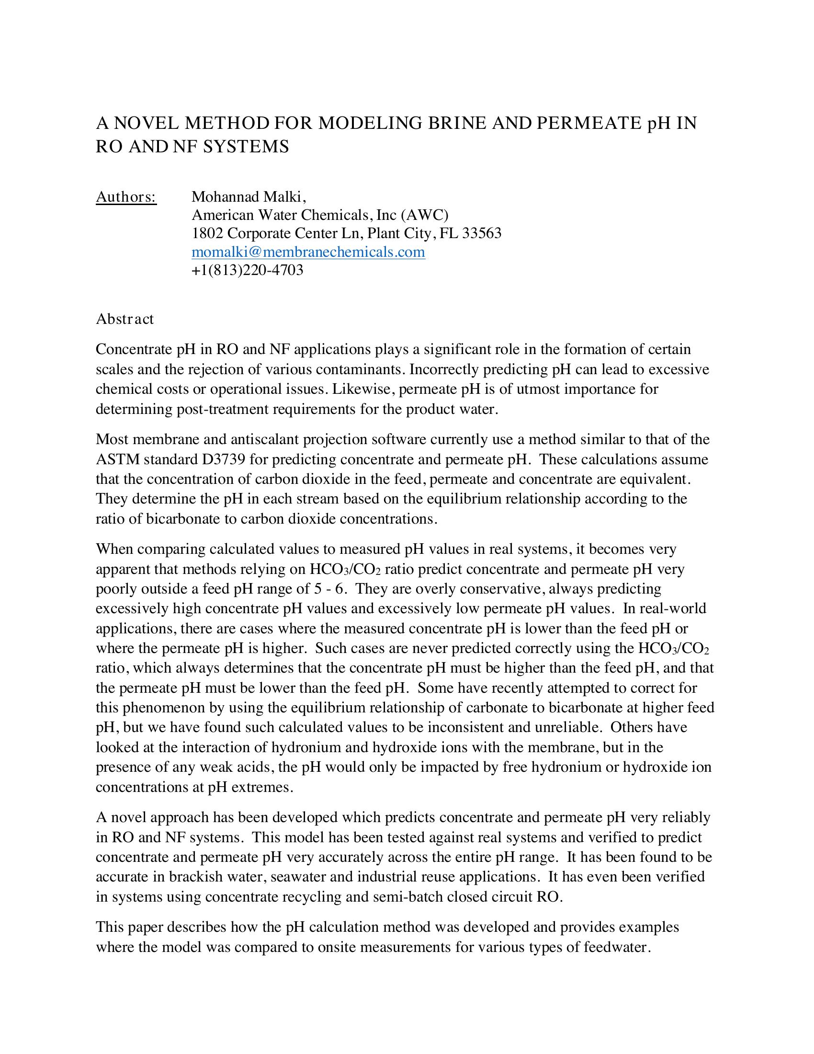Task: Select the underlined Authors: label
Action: point(126,197)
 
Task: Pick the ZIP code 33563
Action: point(482,233)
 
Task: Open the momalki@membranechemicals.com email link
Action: point(308,252)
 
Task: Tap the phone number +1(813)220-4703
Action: point(248,270)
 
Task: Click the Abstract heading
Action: point(124,319)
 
